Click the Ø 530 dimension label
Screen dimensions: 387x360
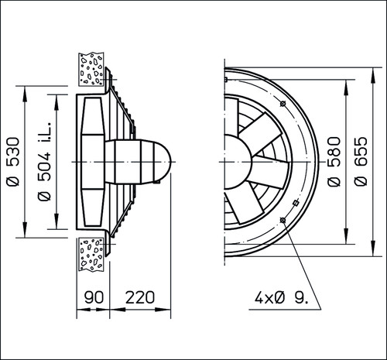(13, 162)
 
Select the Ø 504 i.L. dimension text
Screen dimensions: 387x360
(44, 161)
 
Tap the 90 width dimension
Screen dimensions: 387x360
(94, 297)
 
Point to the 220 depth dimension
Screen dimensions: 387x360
(140, 297)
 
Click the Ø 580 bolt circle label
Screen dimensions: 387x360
(334, 162)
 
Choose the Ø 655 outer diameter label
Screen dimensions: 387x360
(361, 162)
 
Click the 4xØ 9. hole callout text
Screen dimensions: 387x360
(281, 298)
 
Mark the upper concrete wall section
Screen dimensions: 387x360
(91, 69)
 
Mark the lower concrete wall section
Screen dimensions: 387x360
(91, 254)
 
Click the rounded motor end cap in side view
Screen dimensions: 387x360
(163, 162)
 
